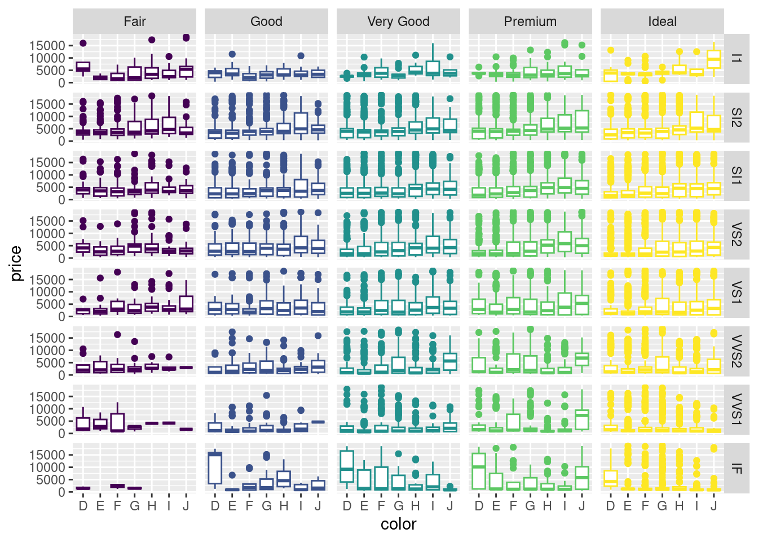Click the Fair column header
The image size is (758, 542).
(x=134, y=21)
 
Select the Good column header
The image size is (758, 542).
(x=266, y=21)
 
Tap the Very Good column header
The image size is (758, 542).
(x=398, y=21)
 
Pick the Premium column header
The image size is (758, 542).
(x=530, y=21)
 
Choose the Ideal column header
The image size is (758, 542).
(x=662, y=21)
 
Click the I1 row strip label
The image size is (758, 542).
(x=736, y=58)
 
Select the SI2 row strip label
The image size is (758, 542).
(x=736, y=117)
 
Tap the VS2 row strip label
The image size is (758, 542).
(x=736, y=234)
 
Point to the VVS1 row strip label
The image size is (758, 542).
(x=736, y=409)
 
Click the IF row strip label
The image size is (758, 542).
(x=736, y=467)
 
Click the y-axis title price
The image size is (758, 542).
(x=16, y=263)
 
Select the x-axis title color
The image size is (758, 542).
(x=398, y=524)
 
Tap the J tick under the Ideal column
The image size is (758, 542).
(x=713, y=506)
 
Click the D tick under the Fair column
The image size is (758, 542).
(x=83, y=506)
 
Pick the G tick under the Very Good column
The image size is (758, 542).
(x=398, y=506)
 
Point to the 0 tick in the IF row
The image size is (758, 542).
(x=62, y=492)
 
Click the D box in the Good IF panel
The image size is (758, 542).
(x=215, y=468)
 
